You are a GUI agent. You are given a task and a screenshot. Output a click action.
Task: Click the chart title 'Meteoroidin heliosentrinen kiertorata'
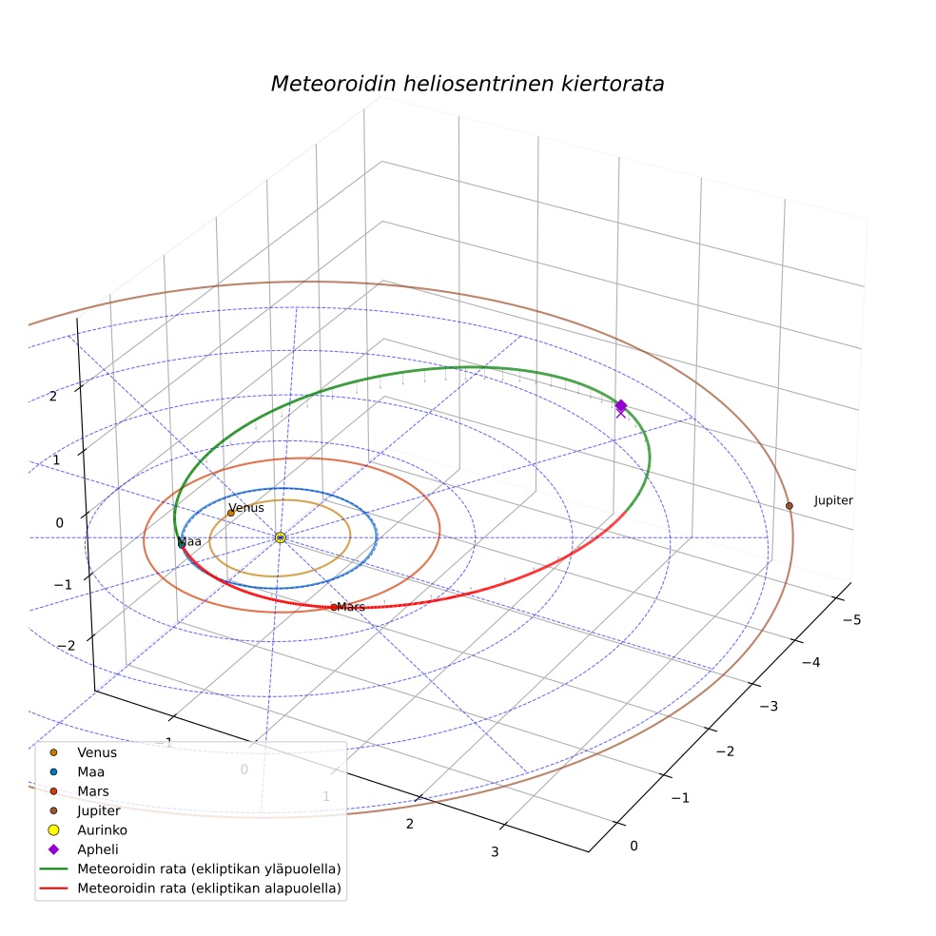467,84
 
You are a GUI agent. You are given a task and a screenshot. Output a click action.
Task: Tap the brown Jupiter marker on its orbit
790,506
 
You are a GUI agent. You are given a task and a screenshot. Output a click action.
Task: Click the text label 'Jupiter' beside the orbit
833,500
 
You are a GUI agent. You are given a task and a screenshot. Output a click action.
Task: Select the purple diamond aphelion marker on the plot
621,406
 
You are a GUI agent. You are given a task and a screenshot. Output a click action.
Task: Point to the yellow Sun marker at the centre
281,537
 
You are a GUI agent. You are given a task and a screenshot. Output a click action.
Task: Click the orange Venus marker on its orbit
231,513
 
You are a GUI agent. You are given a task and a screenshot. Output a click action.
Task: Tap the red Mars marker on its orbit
334,607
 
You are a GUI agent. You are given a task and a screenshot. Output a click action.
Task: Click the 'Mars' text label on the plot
351,607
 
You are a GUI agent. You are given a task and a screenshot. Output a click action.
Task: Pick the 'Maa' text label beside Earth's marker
190,541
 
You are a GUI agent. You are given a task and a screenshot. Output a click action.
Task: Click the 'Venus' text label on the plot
246,507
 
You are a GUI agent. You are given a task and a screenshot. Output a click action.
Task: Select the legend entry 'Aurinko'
102,829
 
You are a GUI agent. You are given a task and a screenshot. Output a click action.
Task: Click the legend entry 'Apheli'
98,849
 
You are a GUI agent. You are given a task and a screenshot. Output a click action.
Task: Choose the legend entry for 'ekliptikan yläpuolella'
209,868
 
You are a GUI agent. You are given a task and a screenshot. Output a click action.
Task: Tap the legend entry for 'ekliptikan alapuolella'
209,888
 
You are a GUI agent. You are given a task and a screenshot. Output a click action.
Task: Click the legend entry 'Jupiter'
99,810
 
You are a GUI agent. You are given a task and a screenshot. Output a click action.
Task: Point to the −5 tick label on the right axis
852,619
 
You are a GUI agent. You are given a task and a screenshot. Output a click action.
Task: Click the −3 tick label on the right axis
769,706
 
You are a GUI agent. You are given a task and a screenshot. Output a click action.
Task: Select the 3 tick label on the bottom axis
495,852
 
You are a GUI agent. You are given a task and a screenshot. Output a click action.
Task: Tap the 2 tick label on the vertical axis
53,396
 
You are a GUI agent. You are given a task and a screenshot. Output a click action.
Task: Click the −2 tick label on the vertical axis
66,646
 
